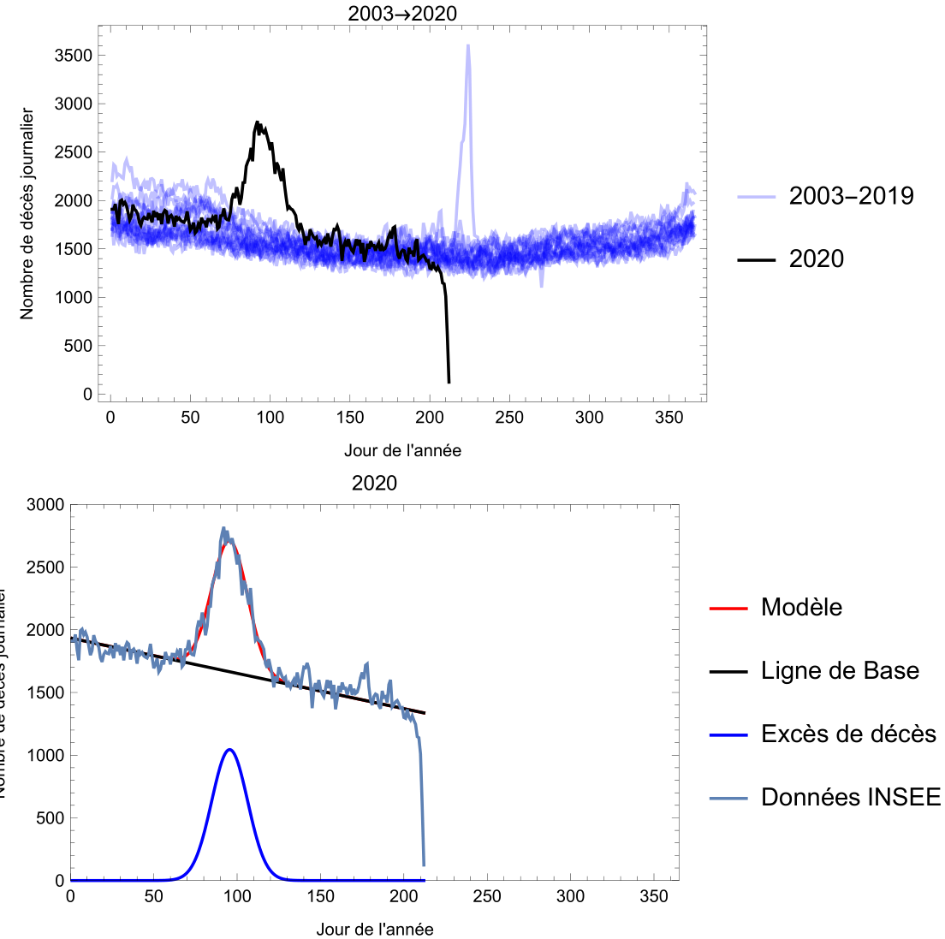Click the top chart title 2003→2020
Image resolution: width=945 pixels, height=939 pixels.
402,13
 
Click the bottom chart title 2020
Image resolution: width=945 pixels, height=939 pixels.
374,483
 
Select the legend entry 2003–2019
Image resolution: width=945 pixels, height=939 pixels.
851,196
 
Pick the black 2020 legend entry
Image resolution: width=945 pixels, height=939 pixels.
816,259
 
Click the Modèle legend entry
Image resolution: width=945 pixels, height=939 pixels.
801,607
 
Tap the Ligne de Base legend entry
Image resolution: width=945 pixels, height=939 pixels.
840,670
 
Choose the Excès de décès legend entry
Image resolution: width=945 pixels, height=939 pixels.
848,734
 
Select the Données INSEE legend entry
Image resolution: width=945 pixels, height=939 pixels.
850,797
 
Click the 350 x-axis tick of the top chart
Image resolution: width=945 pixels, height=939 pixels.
669,417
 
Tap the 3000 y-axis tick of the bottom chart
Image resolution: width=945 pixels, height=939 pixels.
46,505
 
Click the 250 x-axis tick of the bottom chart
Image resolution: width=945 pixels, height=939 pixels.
487,896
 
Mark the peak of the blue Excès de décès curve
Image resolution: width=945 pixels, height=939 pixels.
229,750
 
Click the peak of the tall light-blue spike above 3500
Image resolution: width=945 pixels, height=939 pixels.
468,45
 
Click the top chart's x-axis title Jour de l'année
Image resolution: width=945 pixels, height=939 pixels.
402,450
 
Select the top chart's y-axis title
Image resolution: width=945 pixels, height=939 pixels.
27,214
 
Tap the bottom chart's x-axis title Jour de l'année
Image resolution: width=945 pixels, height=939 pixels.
374,929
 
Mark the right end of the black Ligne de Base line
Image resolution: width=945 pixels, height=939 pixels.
425,713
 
